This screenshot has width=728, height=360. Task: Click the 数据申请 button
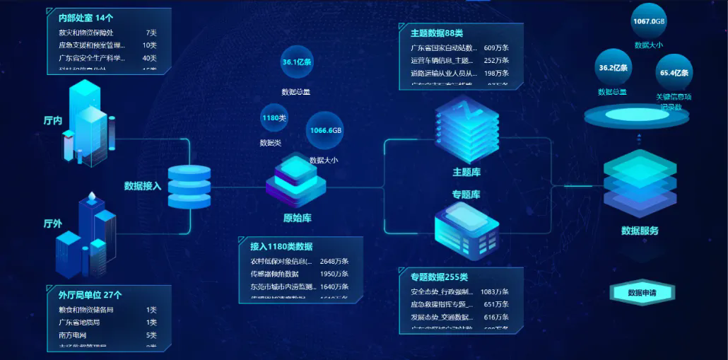point(641,293)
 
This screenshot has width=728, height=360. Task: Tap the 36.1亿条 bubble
point(297,62)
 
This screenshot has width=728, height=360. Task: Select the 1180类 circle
point(274,117)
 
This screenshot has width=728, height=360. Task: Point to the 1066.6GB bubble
point(325,130)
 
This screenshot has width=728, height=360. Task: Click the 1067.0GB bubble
point(649,21)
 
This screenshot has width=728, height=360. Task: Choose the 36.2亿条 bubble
point(613,68)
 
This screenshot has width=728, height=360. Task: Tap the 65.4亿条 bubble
point(674,72)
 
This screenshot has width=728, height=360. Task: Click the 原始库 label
point(297,218)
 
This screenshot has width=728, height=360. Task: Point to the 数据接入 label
point(143,186)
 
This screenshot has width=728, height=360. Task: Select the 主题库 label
point(466,172)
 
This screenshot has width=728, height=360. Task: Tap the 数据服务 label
point(640,231)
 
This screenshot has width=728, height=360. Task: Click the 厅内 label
point(53,120)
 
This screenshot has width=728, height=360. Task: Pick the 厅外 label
point(53,223)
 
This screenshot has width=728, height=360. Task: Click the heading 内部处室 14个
point(86,18)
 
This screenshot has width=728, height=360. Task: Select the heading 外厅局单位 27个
point(90,295)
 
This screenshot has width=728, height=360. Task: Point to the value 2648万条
point(334,261)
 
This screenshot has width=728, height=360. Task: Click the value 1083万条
point(495,291)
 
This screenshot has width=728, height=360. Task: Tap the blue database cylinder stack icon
point(189,186)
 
